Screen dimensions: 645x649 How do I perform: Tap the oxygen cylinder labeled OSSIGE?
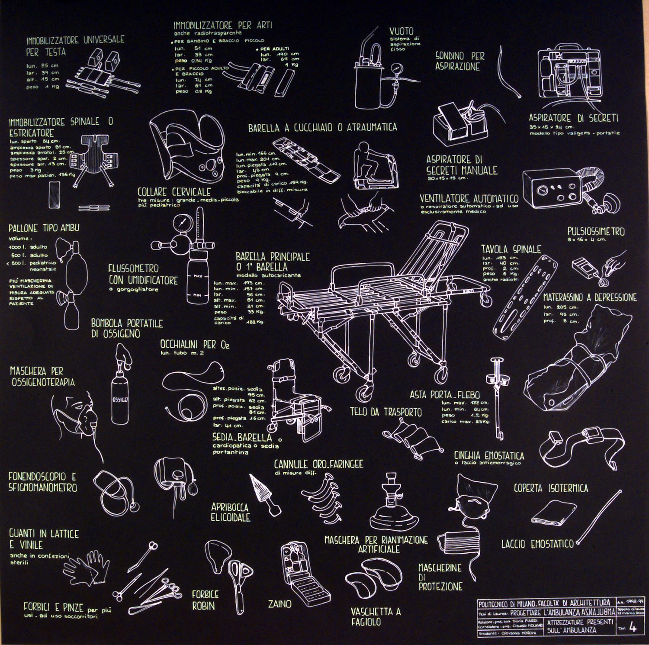(120, 400)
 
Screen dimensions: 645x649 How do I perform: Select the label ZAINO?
(280, 603)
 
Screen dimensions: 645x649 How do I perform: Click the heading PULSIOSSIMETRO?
(596, 232)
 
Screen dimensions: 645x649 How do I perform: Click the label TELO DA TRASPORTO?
(386, 412)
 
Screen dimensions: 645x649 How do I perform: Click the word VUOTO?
(401, 31)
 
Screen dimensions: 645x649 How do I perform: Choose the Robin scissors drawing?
(237, 576)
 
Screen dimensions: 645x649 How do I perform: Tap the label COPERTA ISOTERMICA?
(551, 488)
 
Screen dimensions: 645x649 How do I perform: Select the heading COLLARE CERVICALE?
(174, 192)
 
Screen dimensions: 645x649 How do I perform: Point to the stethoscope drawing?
(117, 489)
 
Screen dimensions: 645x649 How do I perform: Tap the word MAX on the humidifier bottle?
(198, 276)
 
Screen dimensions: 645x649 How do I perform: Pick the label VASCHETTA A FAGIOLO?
(376, 616)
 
